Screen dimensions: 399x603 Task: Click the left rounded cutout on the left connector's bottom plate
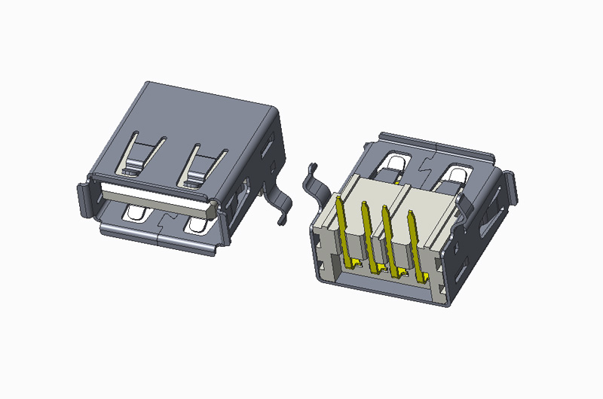click(137, 214)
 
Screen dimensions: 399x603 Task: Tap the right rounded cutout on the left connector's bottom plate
click(198, 226)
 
